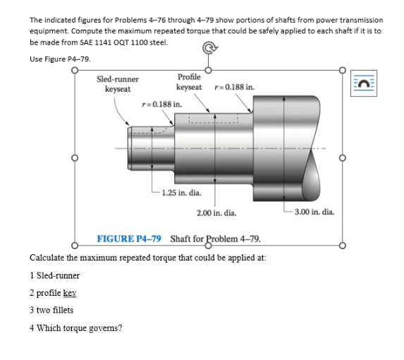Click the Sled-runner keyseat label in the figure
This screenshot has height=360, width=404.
point(117,84)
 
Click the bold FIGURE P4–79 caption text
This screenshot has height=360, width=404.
point(129,238)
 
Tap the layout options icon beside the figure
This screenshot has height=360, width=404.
point(363,83)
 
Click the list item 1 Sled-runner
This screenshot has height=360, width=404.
point(54,275)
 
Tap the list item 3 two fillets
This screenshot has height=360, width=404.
point(51,310)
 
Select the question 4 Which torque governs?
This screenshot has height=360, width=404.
point(75,328)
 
